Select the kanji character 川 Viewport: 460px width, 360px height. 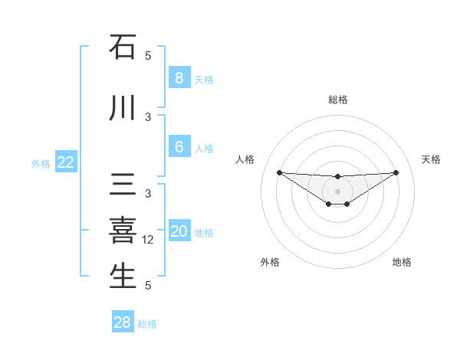(x=123, y=109)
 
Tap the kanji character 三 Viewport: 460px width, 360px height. (x=123, y=186)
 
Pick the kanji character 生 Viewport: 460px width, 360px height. (x=123, y=276)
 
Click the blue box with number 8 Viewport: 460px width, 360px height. (x=179, y=78)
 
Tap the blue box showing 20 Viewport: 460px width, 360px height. (x=179, y=232)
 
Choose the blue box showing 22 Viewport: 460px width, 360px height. (x=66, y=162)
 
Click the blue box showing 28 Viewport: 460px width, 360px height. (x=123, y=322)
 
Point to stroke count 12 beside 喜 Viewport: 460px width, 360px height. (x=149, y=240)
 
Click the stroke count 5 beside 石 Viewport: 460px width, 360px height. (x=148, y=56)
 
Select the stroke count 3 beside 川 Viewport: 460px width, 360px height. (x=148, y=117)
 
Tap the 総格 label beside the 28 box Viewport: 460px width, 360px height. (x=147, y=324)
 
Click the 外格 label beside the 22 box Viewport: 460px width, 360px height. (x=41, y=163)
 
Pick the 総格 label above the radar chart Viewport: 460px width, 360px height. (x=337, y=100)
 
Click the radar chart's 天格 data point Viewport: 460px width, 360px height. (x=396, y=172)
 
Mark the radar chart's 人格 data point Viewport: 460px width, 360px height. (x=279, y=172)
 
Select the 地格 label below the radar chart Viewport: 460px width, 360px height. (x=402, y=262)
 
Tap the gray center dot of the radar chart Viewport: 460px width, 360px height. (x=337, y=191)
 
